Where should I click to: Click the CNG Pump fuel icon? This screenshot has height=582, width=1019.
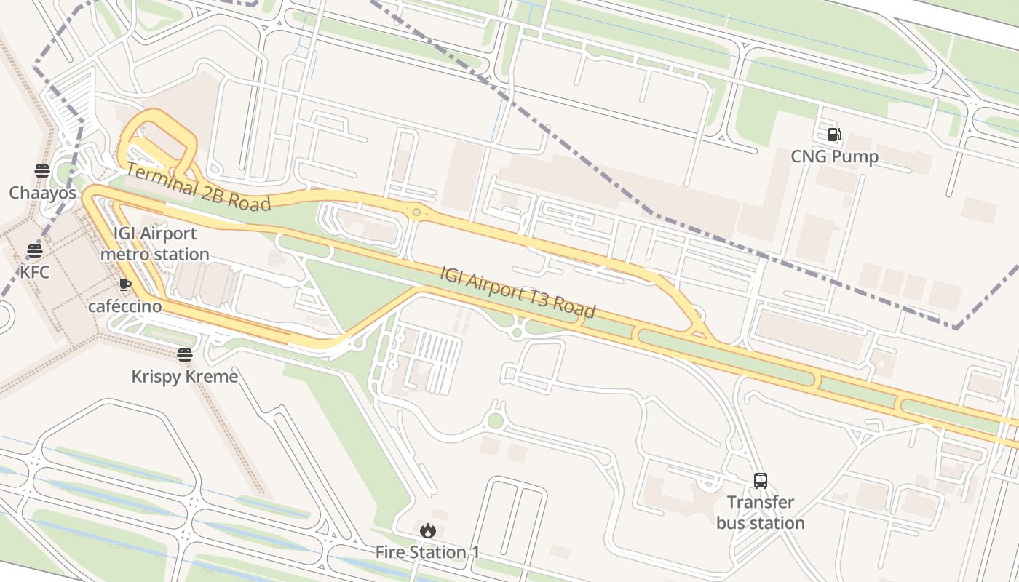click(x=834, y=135)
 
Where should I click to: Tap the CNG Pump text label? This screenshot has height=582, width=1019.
click(x=834, y=156)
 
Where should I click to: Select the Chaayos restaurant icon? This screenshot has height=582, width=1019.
click(x=42, y=171)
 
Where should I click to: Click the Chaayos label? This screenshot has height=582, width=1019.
click(x=42, y=193)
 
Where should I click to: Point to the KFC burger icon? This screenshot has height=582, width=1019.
click(x=34, y=251)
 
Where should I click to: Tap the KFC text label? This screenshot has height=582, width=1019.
click(x=34, y=272)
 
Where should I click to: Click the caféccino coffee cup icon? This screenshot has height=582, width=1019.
click(x=124, y=284)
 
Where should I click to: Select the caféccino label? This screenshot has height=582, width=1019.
click(x=124, y=306)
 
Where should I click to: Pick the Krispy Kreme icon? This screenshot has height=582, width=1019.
click(x=185, y=355)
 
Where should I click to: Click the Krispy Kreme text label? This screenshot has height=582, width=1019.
click(x=185, y=376)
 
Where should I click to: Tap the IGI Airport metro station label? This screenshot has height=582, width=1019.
click(x=154, y=244)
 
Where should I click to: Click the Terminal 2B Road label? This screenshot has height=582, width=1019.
click(x=198, y=187)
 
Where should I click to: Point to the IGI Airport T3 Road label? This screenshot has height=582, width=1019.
click(x=518, y=292)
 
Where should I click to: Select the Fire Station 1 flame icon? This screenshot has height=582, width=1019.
click(x=428, y=530)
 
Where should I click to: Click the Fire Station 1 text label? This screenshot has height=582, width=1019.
click(x=428, y=552)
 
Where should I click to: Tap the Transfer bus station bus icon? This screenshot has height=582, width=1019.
click(x=761, y=480)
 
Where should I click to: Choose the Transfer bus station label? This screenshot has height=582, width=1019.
click(x=761, y=512)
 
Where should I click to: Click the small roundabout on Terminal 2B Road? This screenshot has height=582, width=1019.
click(x=416, y=212)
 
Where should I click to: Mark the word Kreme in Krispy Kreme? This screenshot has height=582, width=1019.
click(x=213, y=376)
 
